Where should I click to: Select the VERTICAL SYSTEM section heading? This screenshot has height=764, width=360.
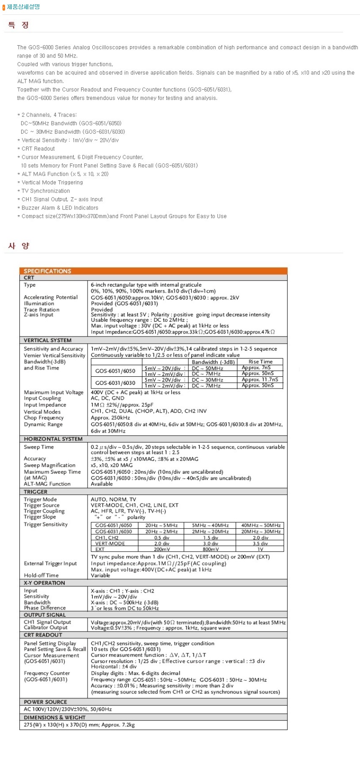[x=47, y=340]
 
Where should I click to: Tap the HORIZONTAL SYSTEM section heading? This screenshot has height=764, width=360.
[x=53, y=439]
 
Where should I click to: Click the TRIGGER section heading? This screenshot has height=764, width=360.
[x=36, y=492]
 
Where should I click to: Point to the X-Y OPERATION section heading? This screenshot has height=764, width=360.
[x=44, y=583]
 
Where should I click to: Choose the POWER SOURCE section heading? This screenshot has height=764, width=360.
[x=45, y=702]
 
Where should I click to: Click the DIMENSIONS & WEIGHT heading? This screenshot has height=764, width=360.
[x=55, y=717]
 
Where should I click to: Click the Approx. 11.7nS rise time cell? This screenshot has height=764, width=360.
[x=260, y=380]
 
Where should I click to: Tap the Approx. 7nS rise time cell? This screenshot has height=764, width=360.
[x=256, y=368]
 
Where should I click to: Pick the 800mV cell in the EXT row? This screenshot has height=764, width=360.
[x=210, y=549]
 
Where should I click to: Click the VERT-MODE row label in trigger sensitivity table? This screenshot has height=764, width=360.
[x=110, y=543]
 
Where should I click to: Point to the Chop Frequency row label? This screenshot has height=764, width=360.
[x=44, y=418]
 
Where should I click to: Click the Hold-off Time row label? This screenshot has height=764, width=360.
[x=41, y=575]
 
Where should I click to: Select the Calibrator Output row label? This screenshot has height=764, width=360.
[x=46, y=628]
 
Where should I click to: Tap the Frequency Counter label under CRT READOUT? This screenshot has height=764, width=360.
[x=47, y=673]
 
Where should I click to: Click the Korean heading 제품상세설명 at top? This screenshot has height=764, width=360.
[x=23, y=7]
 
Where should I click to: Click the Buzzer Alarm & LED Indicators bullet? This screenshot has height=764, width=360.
[x=60, y=208]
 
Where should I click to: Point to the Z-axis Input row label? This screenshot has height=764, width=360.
[x=38, y=314]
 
